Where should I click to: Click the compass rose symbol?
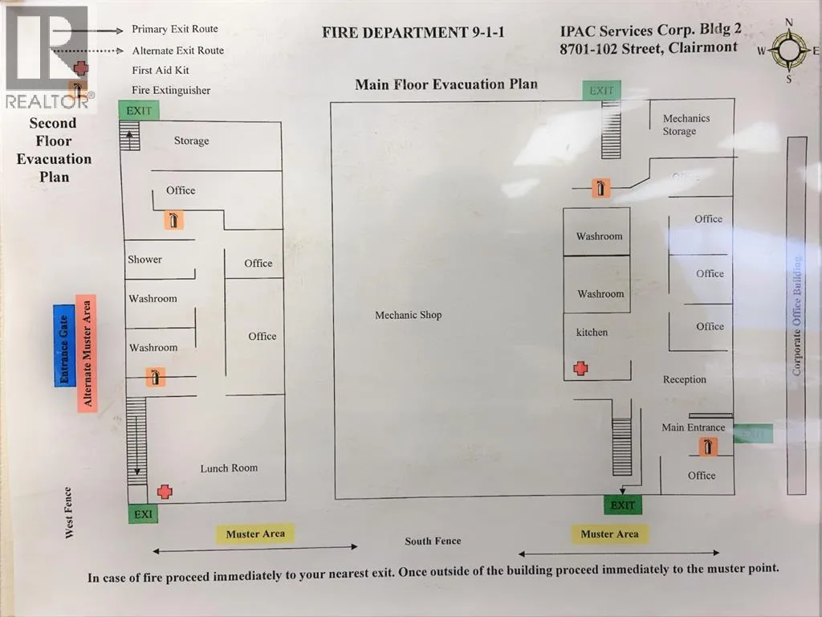click(x=789, y=51)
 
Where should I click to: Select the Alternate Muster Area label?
click(x=87, y=353)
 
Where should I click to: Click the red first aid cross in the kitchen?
click(x=580, y=368)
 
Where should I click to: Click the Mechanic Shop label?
click(x=408, y=315)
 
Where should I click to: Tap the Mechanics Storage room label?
click(x=686, y=125)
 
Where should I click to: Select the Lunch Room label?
click(x=229, y=468)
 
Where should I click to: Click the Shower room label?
click(x=144, y=259)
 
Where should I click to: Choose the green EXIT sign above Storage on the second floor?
click(x=139, y=110)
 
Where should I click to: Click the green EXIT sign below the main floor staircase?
click(x=622, y=505)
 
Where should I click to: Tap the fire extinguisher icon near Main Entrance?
click(x=708, y=447)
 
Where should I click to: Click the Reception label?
click(x=684, y=379)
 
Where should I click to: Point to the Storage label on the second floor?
click(x=191, y=141)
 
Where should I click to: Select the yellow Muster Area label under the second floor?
click(x=255, y=533)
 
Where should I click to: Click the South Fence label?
click(x=433, y=541)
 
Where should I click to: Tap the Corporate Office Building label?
click(x=797, y=315)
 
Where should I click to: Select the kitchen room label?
click(x=592, y=332)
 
